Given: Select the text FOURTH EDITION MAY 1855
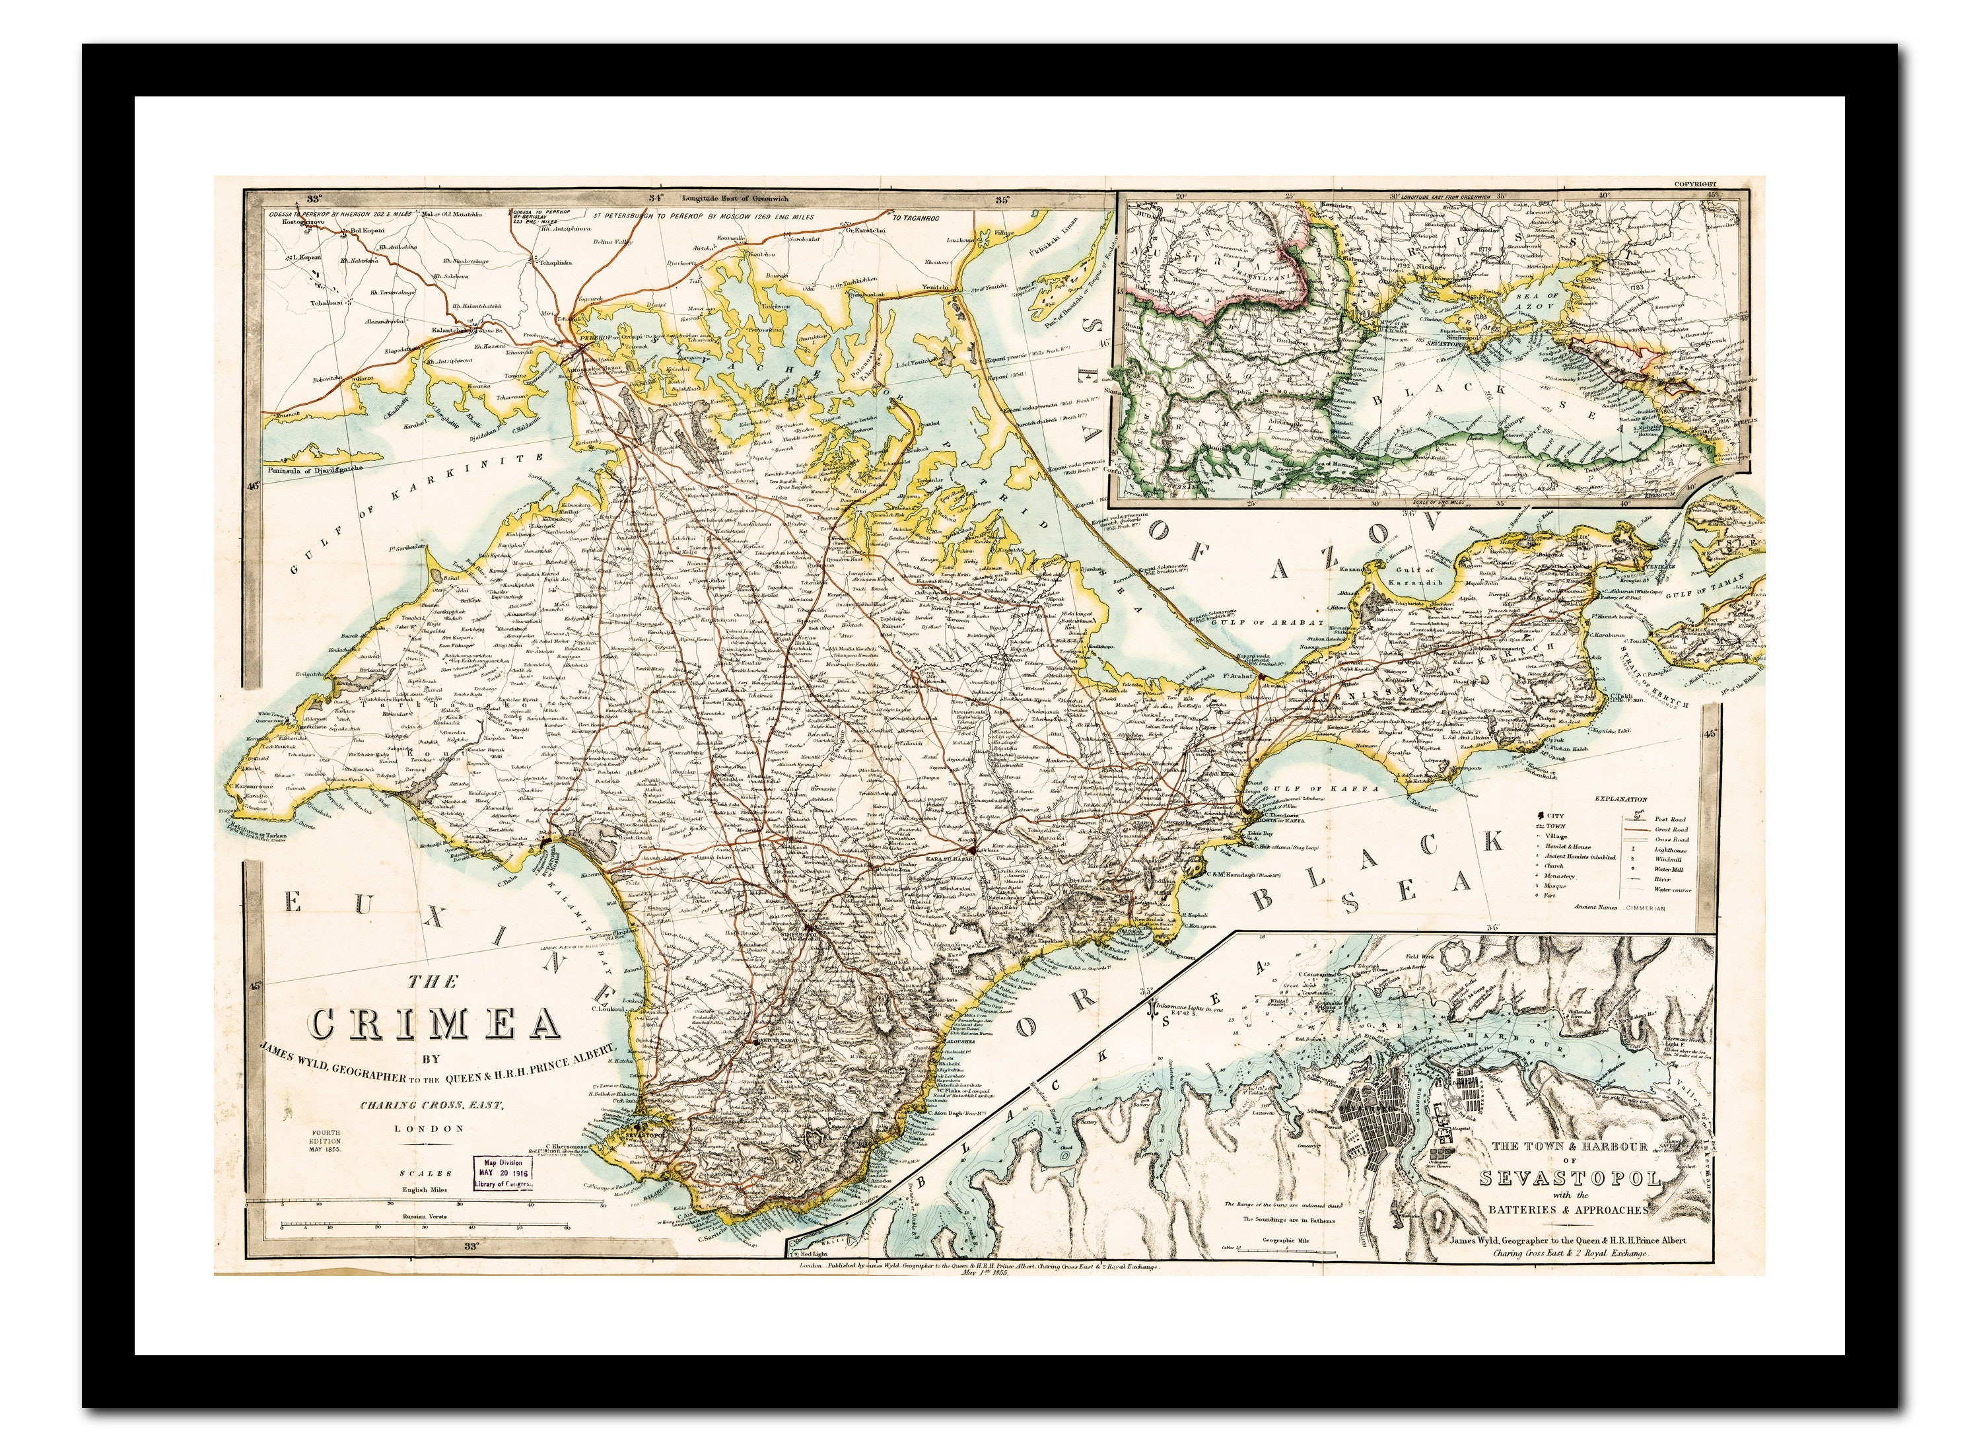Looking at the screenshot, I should (x=324, y=1140).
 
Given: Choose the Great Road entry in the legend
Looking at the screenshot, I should (x=1670, y=830).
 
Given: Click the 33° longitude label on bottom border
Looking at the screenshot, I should (x=472, y=1246).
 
